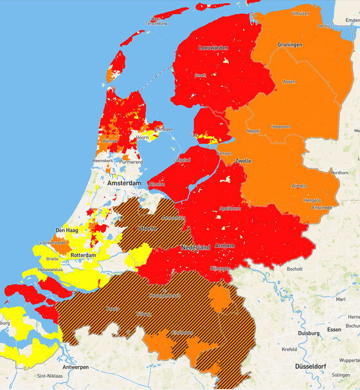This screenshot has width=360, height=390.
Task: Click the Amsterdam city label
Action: pyautogui.click(x=125, y=183)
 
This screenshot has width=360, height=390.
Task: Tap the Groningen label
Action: pyautogui.click(x=290, y=46)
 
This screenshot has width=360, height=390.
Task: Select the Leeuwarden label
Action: pyautogui.click(x=214, y=48)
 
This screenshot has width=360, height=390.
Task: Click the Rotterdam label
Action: pyautogui.click(x=83, y=255)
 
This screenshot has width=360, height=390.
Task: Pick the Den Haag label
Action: pyautogui.click(x=67, y=229)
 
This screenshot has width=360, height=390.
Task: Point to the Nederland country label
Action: pyautogui.click(x=195, y=247)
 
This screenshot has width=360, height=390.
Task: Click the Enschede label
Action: pyautogui.click(x=320, y=208)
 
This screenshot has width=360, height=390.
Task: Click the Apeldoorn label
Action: pyautogui.click(x=230, y=209)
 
